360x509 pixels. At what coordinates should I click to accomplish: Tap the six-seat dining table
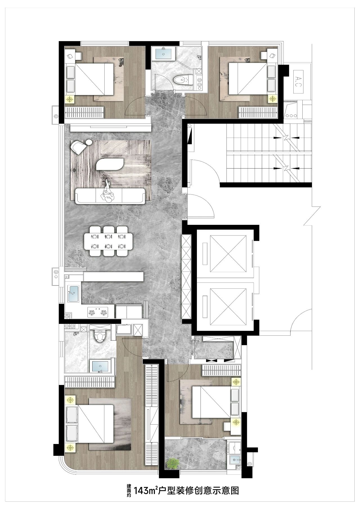click(x=108, y=241)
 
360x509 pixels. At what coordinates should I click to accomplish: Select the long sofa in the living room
click(x=110, y=196)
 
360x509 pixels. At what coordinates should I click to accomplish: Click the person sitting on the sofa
click(x=108, y=192)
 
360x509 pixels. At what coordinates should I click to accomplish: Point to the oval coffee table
click(x=110, y=164)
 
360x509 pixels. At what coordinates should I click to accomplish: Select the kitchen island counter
click(x=113, y=276)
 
